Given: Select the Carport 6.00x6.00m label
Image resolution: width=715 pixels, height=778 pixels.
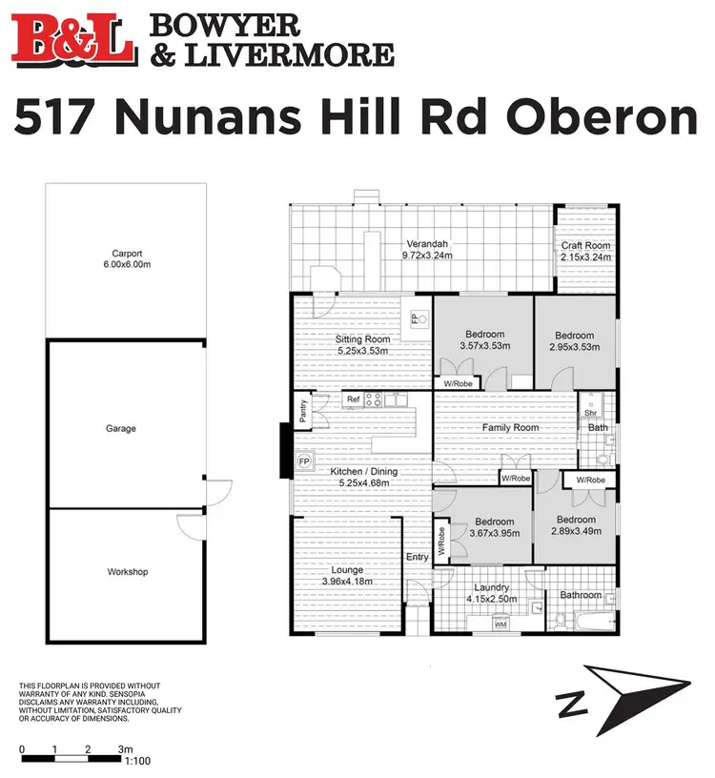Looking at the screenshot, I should (x=127, y=259).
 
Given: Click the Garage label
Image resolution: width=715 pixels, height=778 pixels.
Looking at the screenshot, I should (x=120, y=429).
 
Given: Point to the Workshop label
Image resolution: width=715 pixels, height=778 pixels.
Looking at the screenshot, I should (x=127, y=572).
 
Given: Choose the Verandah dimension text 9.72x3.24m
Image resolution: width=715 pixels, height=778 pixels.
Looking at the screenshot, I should (x=427, y=255).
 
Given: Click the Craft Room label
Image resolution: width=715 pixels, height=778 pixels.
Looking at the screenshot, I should (x=586, y=245).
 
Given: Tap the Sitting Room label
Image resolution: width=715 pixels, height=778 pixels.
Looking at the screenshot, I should (x=363, y=339).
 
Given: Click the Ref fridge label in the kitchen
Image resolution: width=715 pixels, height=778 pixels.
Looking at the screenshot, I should (x=353, y=399).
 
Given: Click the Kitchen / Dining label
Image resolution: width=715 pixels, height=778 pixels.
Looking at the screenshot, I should (x=363, y=472).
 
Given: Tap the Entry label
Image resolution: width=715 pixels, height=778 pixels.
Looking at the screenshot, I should (x=418, y=558).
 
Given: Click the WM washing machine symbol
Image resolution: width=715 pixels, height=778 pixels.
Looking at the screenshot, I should (x=500, y=624).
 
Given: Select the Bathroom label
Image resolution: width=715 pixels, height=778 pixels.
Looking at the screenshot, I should (x=581, y=596).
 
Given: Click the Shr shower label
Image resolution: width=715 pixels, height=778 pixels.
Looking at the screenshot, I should (x=590, y=413).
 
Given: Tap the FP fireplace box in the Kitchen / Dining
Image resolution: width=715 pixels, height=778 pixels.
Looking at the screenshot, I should (x=305, y=462).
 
